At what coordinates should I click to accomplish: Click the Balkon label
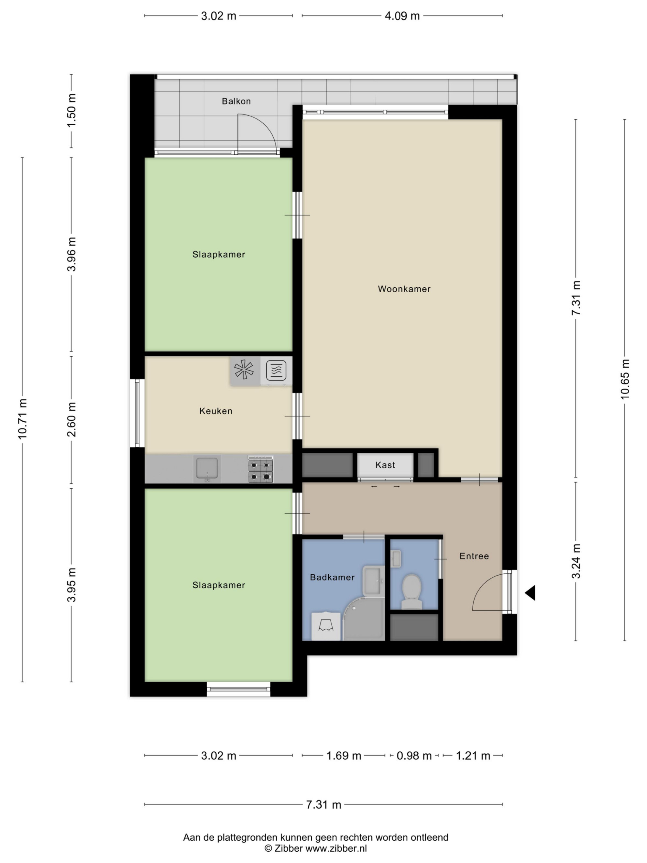click(236, 101)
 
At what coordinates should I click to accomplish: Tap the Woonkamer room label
click(404, 289)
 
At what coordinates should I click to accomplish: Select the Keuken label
click(216, 411)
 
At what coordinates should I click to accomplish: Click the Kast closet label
click(385, 465)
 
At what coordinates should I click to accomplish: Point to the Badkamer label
click(332, 577)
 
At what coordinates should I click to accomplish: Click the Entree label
click(474, 556)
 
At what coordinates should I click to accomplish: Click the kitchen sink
click(207, 469)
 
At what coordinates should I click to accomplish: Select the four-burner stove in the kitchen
click(260, 469)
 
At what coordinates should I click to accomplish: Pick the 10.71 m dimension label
click(22, 419)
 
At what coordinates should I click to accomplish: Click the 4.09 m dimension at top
click(402, 16)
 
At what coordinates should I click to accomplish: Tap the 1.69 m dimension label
click(344, 756)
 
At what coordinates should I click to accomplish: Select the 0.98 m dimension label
click(414, 756)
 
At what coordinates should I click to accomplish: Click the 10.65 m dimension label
click(625, 379)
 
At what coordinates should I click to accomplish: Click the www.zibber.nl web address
click(336, 848)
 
